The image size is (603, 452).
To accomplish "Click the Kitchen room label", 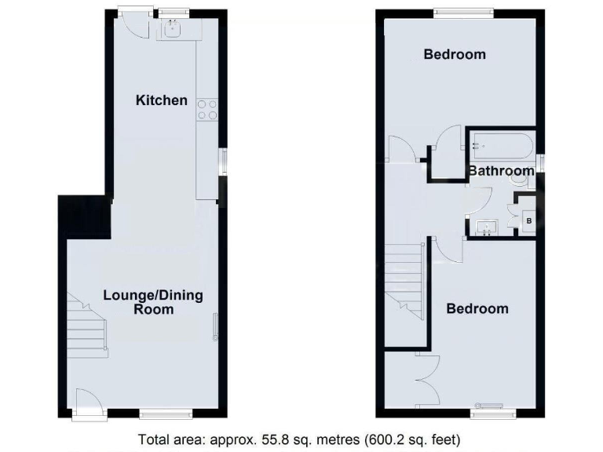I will tap(162, 100).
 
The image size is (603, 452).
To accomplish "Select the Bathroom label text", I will tap(501, 170).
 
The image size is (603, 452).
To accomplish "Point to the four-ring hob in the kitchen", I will tap(207, 110).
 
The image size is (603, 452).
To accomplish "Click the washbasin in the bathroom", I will tap(487, 228).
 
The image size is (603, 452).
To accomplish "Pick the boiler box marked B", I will tap(528, 222).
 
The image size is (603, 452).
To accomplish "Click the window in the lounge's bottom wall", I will tap(165, 413).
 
